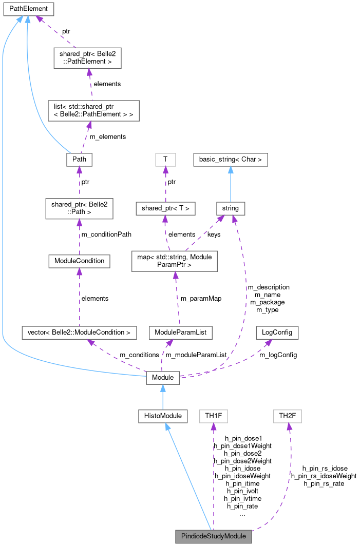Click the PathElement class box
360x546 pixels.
[28, 9]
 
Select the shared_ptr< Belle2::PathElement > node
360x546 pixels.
[88, 58]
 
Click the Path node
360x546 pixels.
[79, 160]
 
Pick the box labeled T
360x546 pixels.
[165, 160]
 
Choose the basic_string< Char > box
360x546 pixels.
[230, 160]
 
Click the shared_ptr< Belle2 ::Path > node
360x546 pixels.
[79, 209]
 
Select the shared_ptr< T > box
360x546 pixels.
[166, 208]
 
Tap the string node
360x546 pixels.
[231, 208]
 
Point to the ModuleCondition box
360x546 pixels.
[79, 261]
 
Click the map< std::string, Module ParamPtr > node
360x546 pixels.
[175, 261]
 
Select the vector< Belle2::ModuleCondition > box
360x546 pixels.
[79, 333]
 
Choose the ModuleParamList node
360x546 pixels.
[180, 333]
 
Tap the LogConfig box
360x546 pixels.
[277, 333]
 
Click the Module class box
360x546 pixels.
[163, 378]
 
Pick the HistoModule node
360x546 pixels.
[162, 416]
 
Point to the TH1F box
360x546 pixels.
[213, 416]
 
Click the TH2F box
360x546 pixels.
[287, 416]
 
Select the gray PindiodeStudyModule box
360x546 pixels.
[214, 537]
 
